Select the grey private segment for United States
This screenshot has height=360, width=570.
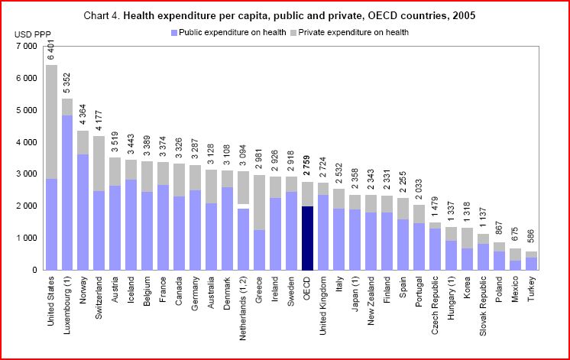[52, 122]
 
